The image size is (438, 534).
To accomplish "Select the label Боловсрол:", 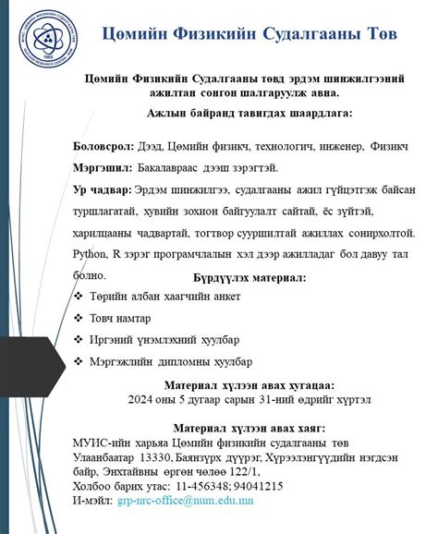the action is pyautogui.click(x=104, y=148).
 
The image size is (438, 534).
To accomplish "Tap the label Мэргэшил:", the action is pyautogui.click(x=103, y=168).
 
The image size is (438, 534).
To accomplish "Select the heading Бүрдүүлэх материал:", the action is pyautogui.click(x=249, y=276).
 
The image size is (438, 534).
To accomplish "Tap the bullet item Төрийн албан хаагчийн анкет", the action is pyautogui.click(x=164, y=296).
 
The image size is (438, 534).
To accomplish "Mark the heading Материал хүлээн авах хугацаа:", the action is pyautogui.click(x=249, y=385).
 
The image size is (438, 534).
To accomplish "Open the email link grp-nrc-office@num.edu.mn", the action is pyautogui.click(x=192, y=501).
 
